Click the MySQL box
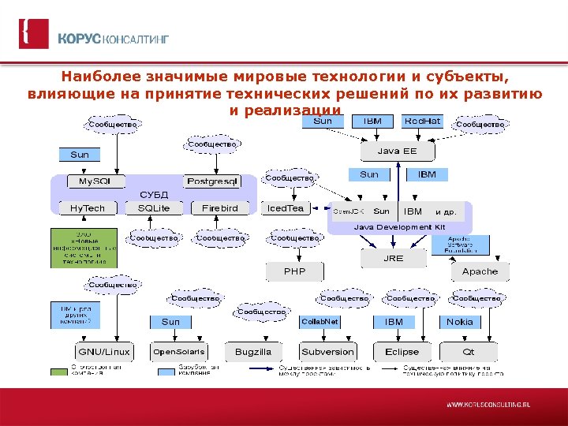pos(95,181)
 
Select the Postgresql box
pos(212,181)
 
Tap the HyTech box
pos(88,208)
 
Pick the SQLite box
pos(154,208)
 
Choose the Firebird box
pos(220,208)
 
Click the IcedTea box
pos(286,208)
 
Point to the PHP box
pos(294,271)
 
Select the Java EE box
pos(397,151)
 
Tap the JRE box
pos(393,258)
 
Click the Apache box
pos(480,271)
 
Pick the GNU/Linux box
pos(103,351)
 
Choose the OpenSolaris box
pos(178,351)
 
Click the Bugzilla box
pos(253,351)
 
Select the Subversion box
pos(327,351)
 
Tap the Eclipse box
pos(402,351)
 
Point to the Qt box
pos(468,351)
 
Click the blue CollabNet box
pos(320,322)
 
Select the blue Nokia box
pos(460,322)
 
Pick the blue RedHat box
pos(422,121)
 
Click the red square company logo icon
pos(33,34)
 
